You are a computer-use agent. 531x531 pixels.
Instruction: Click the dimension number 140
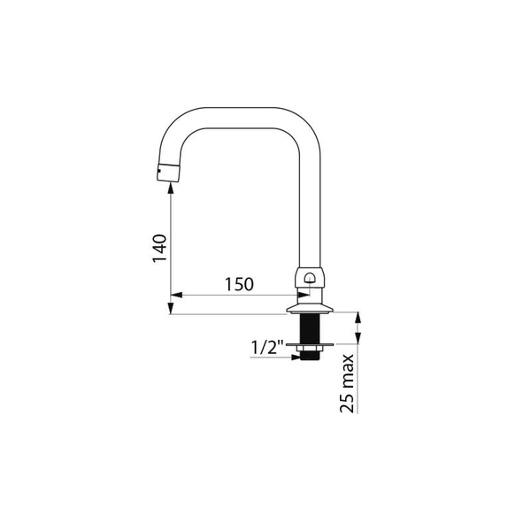159,248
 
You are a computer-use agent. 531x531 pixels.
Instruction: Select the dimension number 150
239,284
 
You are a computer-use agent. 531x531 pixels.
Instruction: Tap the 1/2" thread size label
267,347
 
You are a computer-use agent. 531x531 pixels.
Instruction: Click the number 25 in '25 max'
347,404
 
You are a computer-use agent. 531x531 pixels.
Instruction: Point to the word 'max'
348,373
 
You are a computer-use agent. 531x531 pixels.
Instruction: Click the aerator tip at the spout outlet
168,173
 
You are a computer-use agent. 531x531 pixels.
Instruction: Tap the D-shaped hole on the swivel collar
310,278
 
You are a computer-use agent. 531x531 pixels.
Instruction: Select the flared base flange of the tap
310,310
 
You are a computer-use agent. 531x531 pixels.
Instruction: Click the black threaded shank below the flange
310,328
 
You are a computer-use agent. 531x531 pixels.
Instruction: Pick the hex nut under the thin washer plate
310,349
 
